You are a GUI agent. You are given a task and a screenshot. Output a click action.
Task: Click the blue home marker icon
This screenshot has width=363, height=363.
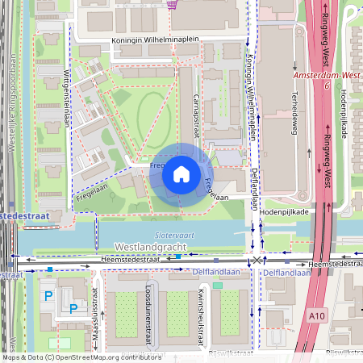click(x=181, y=173)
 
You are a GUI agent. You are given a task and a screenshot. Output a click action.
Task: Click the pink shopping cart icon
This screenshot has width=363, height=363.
click(x=172, y=4)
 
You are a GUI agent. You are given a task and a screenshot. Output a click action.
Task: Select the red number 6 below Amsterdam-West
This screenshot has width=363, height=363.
click(x=328, y=85)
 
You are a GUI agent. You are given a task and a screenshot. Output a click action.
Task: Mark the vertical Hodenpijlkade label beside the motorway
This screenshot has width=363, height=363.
click(x=343, y=113)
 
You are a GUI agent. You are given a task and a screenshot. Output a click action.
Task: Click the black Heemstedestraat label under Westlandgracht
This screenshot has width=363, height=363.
click(x=130, y=260)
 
